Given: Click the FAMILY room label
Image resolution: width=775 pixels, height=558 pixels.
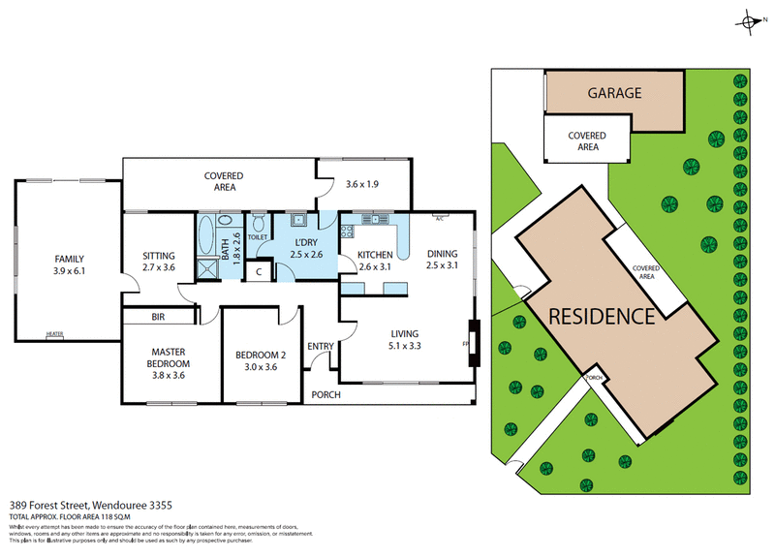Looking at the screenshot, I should [x=68, y=259].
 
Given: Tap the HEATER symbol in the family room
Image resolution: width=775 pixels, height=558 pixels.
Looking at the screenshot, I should [x=55, y=335].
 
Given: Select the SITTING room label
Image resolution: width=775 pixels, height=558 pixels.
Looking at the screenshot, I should [x=158, y=257].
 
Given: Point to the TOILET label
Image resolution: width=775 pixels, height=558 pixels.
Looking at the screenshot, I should [x=258, y=236].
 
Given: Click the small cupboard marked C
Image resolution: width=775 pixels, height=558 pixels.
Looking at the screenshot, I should [x=259, y=272].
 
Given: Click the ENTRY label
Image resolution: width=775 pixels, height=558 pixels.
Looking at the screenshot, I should [x=320, y=347].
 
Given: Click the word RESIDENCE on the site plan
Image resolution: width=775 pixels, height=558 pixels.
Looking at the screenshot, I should [x=602, y=316].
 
